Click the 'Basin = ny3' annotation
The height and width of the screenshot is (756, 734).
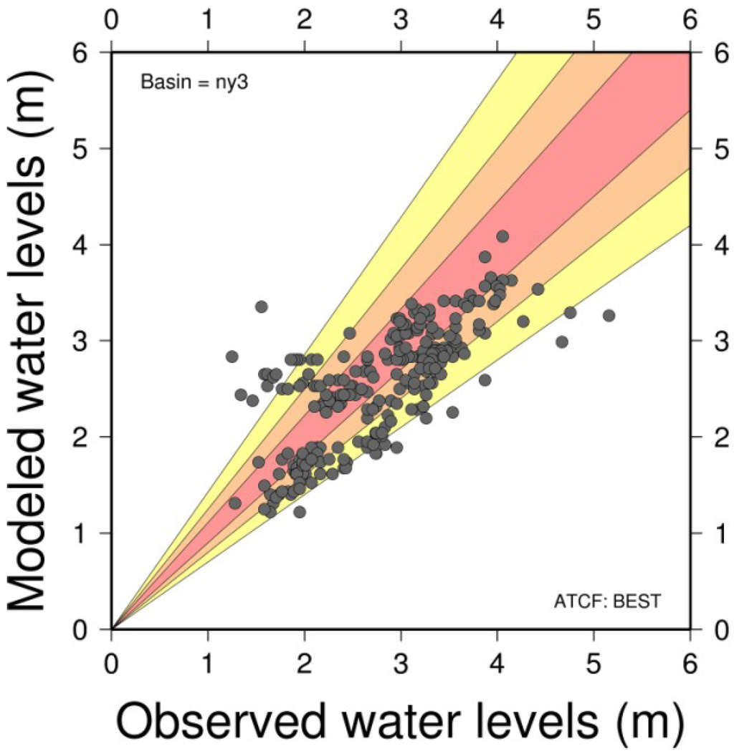194,82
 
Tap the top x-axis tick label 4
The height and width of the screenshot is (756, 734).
497,21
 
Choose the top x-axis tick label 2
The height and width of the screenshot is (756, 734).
304,21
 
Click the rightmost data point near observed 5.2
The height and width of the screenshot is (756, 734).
609,316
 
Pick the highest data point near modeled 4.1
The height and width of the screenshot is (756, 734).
502,236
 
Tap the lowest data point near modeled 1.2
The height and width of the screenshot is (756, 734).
300,512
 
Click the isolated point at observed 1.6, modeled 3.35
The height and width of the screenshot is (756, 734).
262,306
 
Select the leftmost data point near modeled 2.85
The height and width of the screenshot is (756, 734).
232,357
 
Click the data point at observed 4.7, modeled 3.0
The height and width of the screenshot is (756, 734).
562,341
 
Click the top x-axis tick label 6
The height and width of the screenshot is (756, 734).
690,21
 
